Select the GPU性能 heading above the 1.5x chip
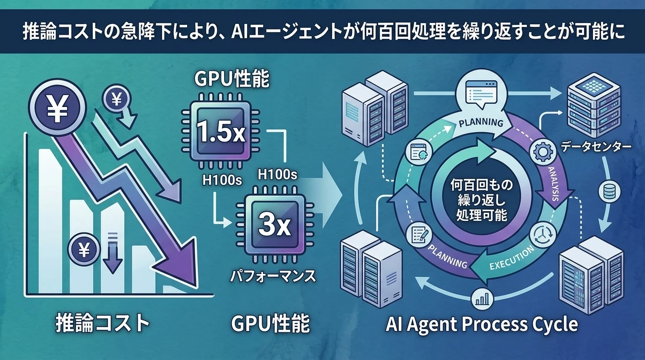pos(232,80)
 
